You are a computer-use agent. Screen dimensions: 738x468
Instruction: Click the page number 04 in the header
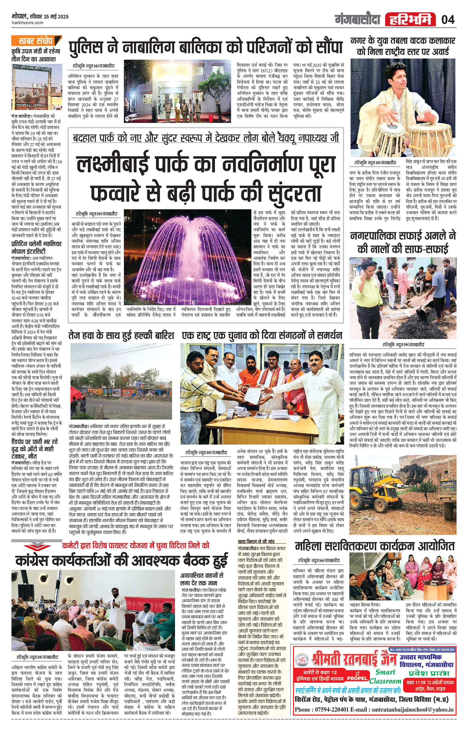[448, 20]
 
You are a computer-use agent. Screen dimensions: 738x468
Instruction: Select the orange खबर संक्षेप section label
[36, 41]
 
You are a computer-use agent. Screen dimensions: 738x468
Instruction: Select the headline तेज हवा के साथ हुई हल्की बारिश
[121, 335]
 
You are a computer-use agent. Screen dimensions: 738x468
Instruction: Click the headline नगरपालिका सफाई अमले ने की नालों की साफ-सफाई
[403, 242]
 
